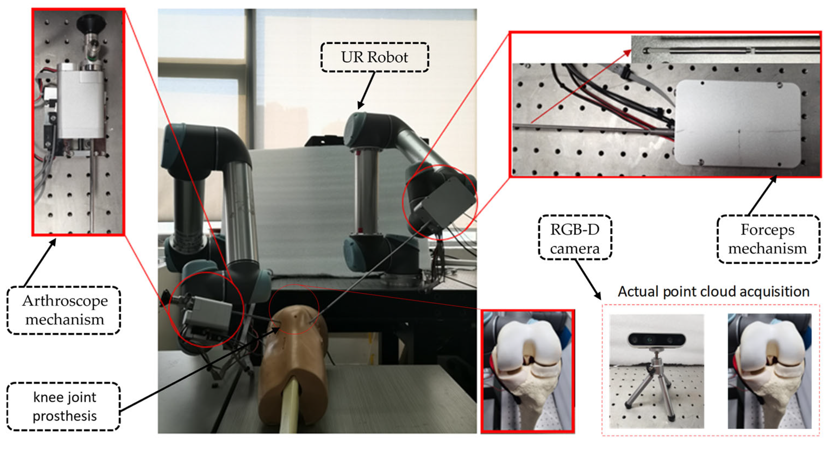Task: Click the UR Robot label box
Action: point(374,57)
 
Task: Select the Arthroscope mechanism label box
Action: point(64,310)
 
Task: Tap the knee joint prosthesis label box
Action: point(64,406)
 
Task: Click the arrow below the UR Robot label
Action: point(366,90)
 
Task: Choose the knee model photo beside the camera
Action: point(769,371)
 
